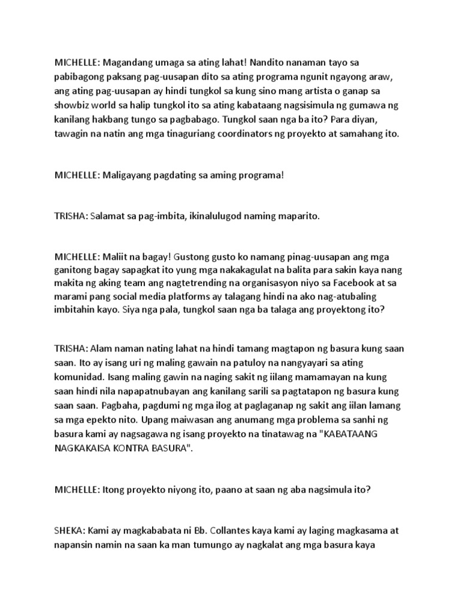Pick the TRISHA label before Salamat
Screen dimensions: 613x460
[71, 216]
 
